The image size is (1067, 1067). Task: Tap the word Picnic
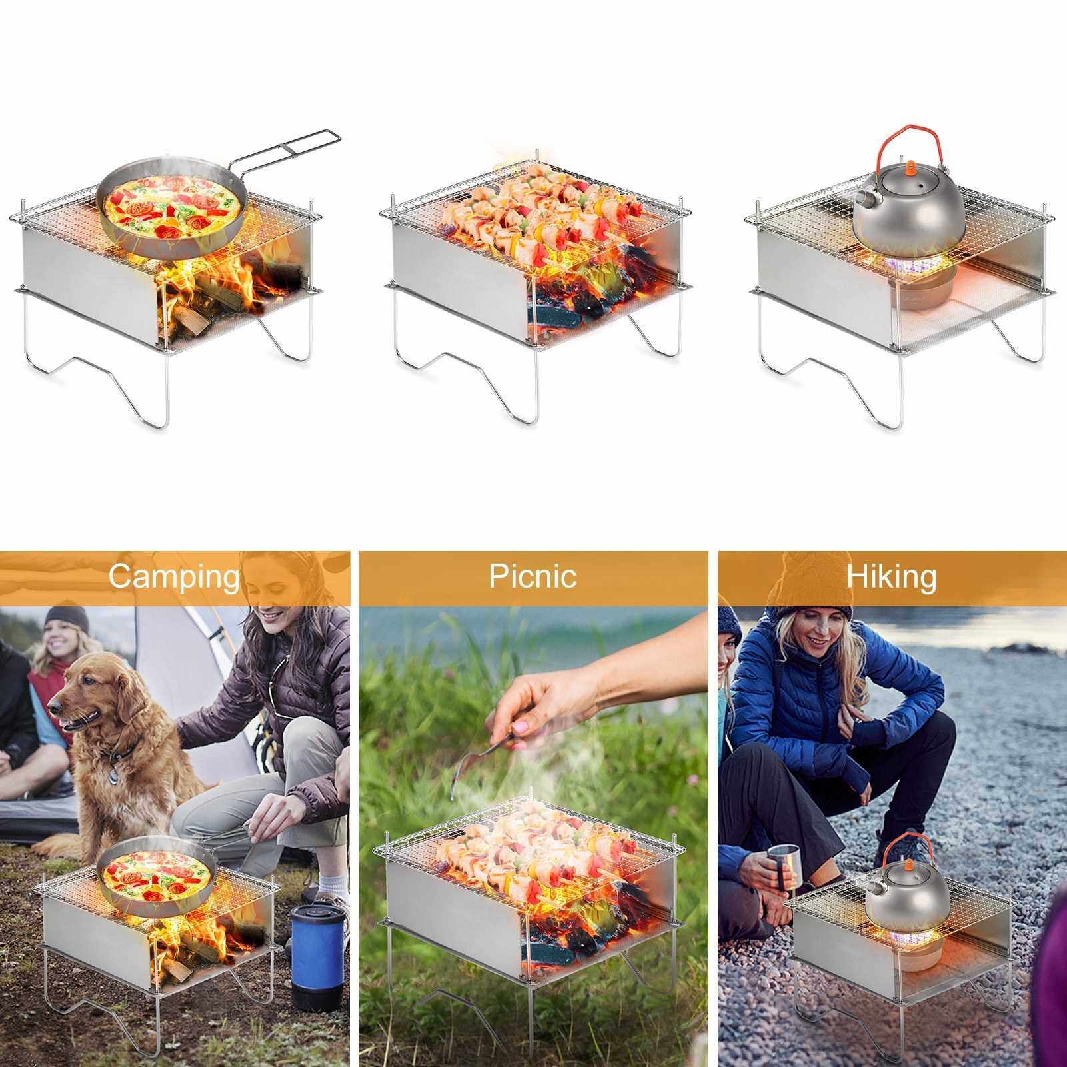[533, 575]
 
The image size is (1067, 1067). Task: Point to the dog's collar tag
[113, 775]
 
